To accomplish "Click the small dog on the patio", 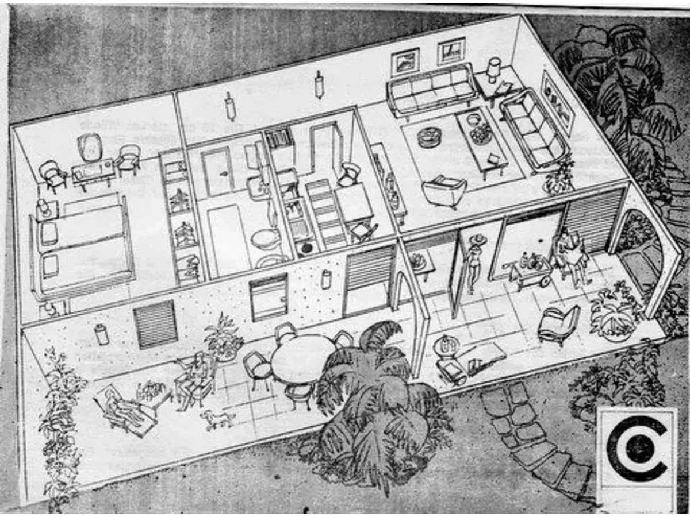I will tap(217, 419).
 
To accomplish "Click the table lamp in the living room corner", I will tap(493, 68).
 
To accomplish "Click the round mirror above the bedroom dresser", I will tap(89, 146).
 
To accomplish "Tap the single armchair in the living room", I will tap(443, 190).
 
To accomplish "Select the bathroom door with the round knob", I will tap(217, 171).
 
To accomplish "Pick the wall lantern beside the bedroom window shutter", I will tap(102, 334).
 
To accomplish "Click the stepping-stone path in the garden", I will tap(529, 431).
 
